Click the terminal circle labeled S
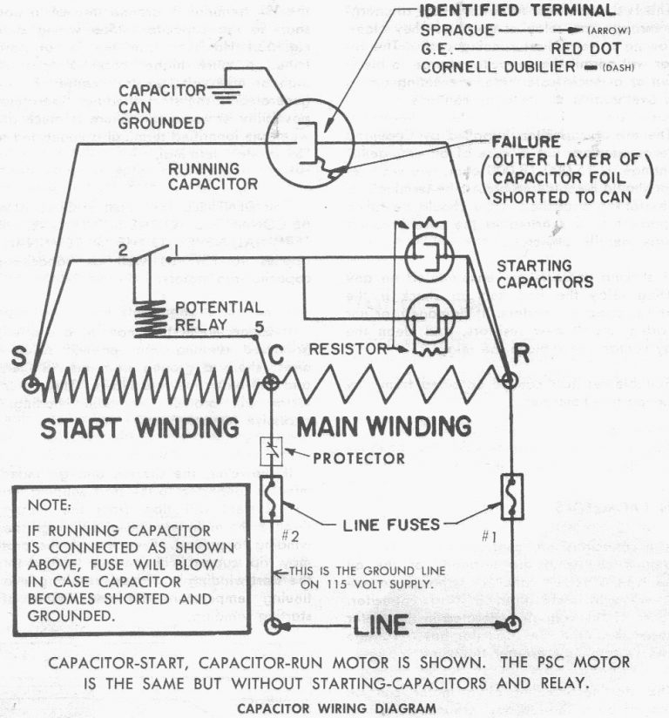[31, 384]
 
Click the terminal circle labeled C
[271, 382]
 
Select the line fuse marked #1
[511, 495]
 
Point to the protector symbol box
[271, 450]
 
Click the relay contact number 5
[258, 327]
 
